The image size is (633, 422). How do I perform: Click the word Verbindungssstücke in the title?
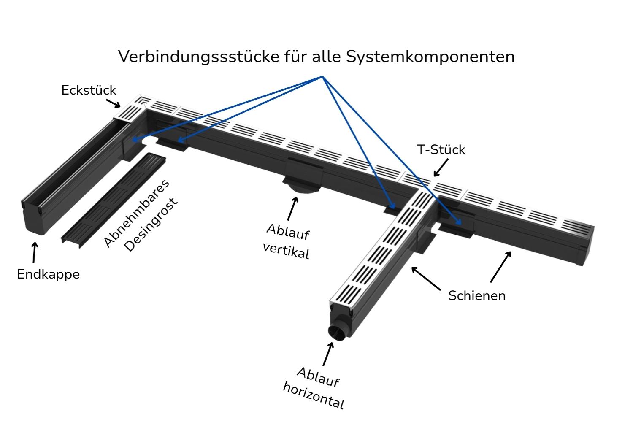click(197, 57)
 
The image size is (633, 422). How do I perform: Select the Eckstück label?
click(89, 90)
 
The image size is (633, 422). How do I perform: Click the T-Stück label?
click(441, 150)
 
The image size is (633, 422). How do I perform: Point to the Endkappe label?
click(48, 274)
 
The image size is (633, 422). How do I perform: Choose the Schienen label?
click(477, 295)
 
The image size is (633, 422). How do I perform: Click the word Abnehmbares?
click(136, 213)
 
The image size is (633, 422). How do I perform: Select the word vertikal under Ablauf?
click(286, 251)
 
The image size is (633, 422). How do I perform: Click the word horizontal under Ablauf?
click(314, 395)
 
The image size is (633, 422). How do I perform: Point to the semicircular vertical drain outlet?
click(301, 189)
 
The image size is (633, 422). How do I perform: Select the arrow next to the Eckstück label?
click(113, 103)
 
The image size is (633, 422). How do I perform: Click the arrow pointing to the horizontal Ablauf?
click(327, 354)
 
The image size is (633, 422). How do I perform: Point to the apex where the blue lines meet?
click(322, 77)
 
